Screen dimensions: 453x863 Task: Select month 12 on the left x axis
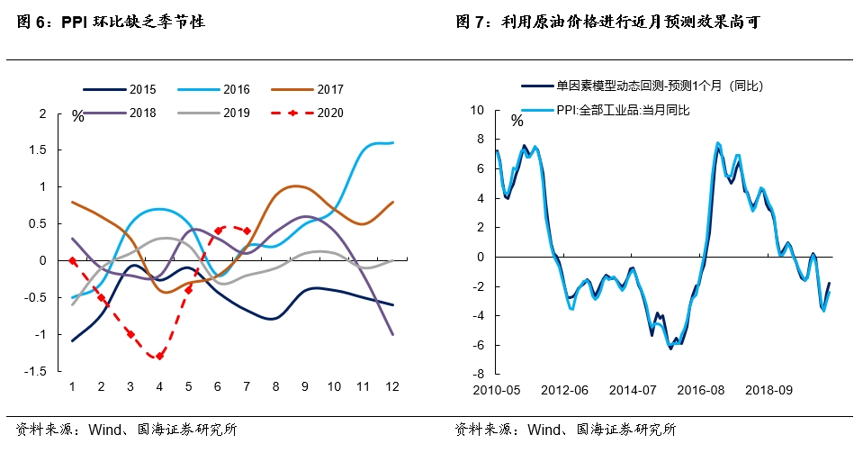[x=392, y=386]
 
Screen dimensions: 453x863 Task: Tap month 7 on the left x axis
[x=247, y=386]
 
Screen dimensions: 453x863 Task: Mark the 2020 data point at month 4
[x=159, y=356]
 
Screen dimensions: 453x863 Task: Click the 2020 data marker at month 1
[x=72, y=261]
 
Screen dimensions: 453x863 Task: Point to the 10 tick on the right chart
[x=478, y=110]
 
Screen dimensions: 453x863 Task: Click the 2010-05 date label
[x=498, y=392]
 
